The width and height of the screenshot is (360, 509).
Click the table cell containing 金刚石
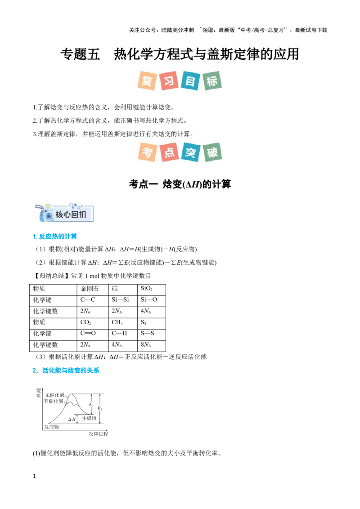pos(93,290)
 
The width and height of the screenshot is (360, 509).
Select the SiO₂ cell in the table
pos(151,290)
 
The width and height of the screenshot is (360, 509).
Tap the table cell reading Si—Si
pos(123,301)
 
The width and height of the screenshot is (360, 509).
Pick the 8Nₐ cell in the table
pos(151,345)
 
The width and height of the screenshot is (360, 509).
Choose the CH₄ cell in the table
pos(123,323)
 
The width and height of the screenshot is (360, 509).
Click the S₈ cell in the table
pos(151,323)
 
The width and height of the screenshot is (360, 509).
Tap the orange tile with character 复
pos(147,81)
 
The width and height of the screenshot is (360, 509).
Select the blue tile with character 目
pos(190,81)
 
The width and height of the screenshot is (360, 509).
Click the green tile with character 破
pos(212,152)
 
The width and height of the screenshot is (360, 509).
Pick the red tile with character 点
pos(169,152)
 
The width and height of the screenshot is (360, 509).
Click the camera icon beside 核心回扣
pos(45,213)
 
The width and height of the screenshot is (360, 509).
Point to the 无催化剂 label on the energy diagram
pos(54,395)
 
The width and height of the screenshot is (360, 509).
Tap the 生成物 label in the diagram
pos(89,418)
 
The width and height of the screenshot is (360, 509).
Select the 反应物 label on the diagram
pos(52,427)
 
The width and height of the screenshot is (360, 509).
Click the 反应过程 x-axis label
pos(99,434)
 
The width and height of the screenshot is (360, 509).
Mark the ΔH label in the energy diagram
pos(72,420)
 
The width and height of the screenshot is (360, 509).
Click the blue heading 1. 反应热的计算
pos(55,237)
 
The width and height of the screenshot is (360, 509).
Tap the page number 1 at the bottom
pos(35,476)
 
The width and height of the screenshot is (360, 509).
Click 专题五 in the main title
pos(80,54)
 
